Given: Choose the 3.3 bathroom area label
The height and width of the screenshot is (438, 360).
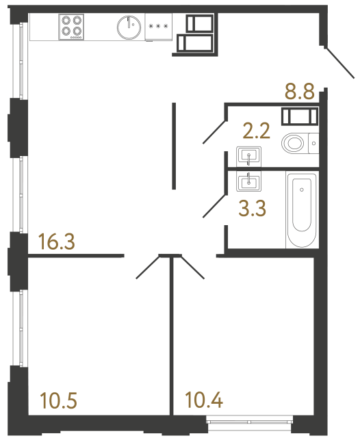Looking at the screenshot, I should pyautogui.click(x=253, y=207).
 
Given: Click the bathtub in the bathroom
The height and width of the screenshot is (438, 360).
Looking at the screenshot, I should pyautogui.click(x=302, y=211).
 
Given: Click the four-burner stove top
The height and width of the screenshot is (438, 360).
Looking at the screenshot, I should pyautogui.click(x=72, y=26).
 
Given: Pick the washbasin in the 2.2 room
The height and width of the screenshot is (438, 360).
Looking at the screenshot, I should pyautogui.click(x=247, y=156).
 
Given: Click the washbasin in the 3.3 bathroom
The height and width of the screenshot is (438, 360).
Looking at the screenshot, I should pyautogui.click(x=247, y=182).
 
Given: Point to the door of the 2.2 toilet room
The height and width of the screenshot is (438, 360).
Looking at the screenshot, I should pyautogui.click(x=214, y=132).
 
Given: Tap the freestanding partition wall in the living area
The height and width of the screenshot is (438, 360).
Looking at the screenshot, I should pyautogui.click(x=175, y=146).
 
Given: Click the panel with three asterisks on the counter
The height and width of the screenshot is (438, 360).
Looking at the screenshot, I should pyautogui.click(x=157, y=27).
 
